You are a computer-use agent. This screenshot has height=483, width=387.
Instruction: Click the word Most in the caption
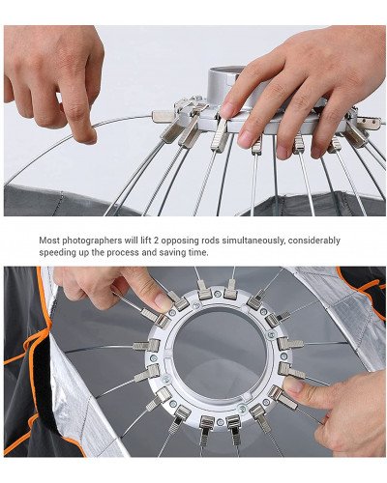pos(50,241)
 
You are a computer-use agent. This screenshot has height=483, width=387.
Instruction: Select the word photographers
pos(100,241)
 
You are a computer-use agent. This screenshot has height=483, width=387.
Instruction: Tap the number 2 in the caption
pos(167,241)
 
